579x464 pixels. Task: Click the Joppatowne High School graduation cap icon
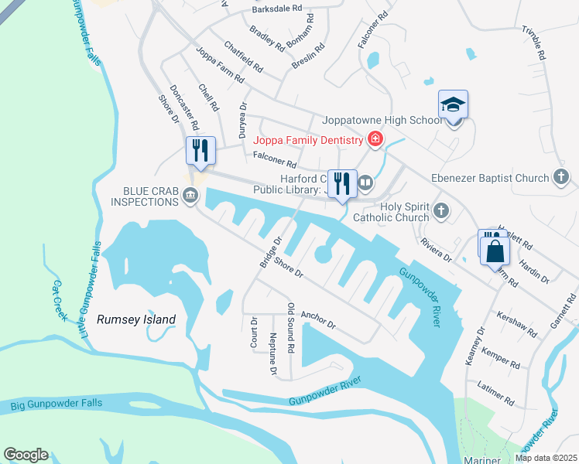point(454,106)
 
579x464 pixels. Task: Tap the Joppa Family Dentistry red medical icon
point(375,140)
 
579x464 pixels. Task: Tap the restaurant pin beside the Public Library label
point(341,183)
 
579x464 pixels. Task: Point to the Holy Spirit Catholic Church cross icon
point(440,210)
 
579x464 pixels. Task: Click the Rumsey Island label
point(136,319)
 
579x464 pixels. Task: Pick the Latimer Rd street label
point(497,394)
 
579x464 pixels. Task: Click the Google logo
point(26,455)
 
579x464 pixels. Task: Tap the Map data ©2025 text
point(545,458)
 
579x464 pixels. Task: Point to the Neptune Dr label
point(273,356)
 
